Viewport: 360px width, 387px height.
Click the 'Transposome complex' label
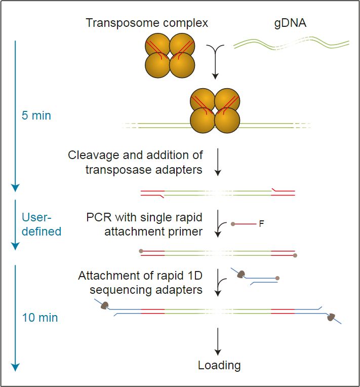point(147,23)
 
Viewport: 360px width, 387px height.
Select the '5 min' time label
point(36,115)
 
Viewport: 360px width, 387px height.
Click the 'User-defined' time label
point(41,224)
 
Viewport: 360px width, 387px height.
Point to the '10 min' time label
point(40,318)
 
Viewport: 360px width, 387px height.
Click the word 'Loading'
point(219,365)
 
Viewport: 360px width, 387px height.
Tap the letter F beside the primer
point(261,223)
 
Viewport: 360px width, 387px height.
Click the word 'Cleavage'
point(94,155)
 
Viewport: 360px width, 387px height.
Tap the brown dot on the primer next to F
point(232,223)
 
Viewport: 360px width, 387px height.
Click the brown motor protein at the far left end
point(105,305)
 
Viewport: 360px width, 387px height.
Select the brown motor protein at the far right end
point(331,318)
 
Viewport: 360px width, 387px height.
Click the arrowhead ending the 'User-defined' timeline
point(15,246)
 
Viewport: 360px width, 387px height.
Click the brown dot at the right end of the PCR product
point(295,255)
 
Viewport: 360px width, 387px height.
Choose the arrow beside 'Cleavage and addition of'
point(217,162)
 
